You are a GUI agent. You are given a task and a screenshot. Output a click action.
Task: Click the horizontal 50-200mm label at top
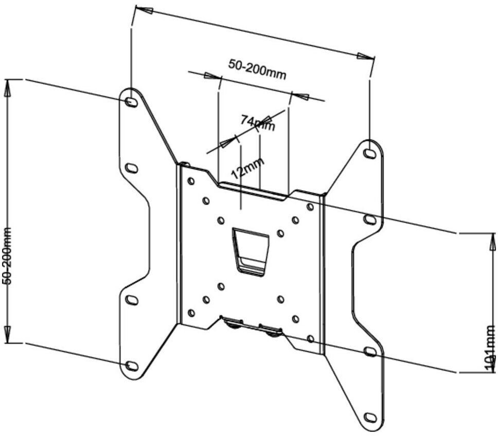pyautogui.click(x=257, y=69)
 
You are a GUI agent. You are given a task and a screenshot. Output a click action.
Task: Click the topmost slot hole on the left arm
pyautogui.click(x=131, y=102)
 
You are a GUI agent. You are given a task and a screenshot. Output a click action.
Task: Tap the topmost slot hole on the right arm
pyautogui.click(x=369, y=153)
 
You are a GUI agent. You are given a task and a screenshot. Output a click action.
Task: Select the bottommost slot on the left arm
pyautogui.click(x=132, y=366)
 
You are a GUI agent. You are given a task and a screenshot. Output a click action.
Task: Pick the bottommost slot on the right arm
pyautogui.click(x=370, y=416)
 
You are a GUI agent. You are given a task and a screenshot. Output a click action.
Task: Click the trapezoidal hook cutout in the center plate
pyautogui.click(x=251, y=251)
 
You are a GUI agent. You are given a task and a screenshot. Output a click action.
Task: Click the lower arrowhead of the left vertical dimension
pyautogui.click(x=8, y=334)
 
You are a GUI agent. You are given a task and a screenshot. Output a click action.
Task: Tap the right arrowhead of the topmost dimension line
pyautogui.click(x=365, y=56)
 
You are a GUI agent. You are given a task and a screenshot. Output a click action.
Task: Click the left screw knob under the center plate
pyautogui.click(x=234, y=323)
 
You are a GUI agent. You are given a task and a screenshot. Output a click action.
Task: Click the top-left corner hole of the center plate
pyautogui.click(x=191, y=181)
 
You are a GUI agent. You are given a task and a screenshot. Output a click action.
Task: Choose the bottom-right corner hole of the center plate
pyautogui.click(x=310, y=339)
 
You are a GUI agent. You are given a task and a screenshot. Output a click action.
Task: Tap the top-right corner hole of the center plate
pyautogui.click(x=310, y=207)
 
